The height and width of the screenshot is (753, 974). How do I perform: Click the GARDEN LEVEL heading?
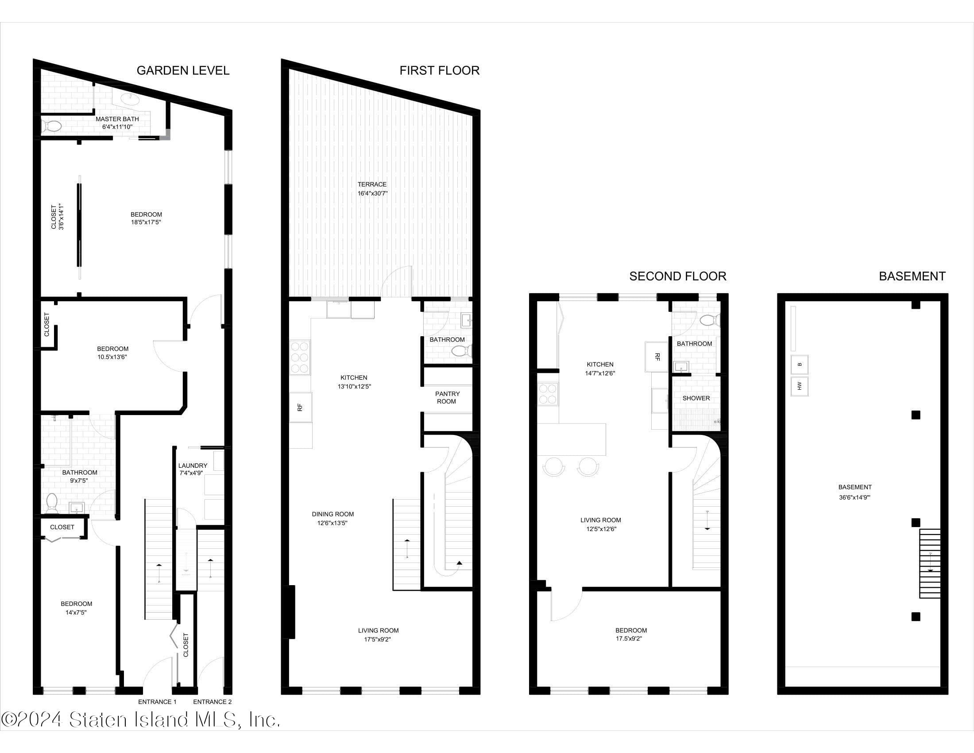(x=183, y=70)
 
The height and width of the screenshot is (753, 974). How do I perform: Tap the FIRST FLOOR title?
(x=439, y=70)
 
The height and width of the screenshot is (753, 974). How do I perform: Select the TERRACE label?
(x=372, y=184)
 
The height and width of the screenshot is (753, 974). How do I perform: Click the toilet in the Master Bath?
(x=53, y=126)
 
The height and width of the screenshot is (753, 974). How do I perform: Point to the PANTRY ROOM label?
(x=447, y=397)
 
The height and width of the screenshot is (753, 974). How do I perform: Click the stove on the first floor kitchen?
(x=300, y=357)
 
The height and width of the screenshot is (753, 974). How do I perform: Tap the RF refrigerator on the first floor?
(x=301, y=407)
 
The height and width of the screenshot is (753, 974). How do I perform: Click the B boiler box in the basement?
(x=799, y=365)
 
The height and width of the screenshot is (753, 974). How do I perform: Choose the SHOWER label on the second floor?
(x=696, y=398)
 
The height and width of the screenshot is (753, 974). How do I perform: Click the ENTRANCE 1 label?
(x=157, y=702)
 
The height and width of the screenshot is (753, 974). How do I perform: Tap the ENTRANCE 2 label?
(x=212, y=702)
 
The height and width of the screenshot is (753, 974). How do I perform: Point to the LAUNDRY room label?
(x=193, y=465)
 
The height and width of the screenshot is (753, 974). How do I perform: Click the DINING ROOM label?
(x=332, y=514)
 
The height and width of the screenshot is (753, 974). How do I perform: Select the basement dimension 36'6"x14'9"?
(x=855, y=497)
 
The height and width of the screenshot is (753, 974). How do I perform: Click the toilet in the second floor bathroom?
(x=709, y=320)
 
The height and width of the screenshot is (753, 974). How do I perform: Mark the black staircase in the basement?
(x=930, y=563)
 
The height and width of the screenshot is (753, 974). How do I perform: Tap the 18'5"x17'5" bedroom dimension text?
(x=146, y=222)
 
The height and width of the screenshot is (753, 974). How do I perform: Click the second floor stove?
(x=548, y=394)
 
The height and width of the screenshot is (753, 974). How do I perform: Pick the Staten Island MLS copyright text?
(x=141, y=720)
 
